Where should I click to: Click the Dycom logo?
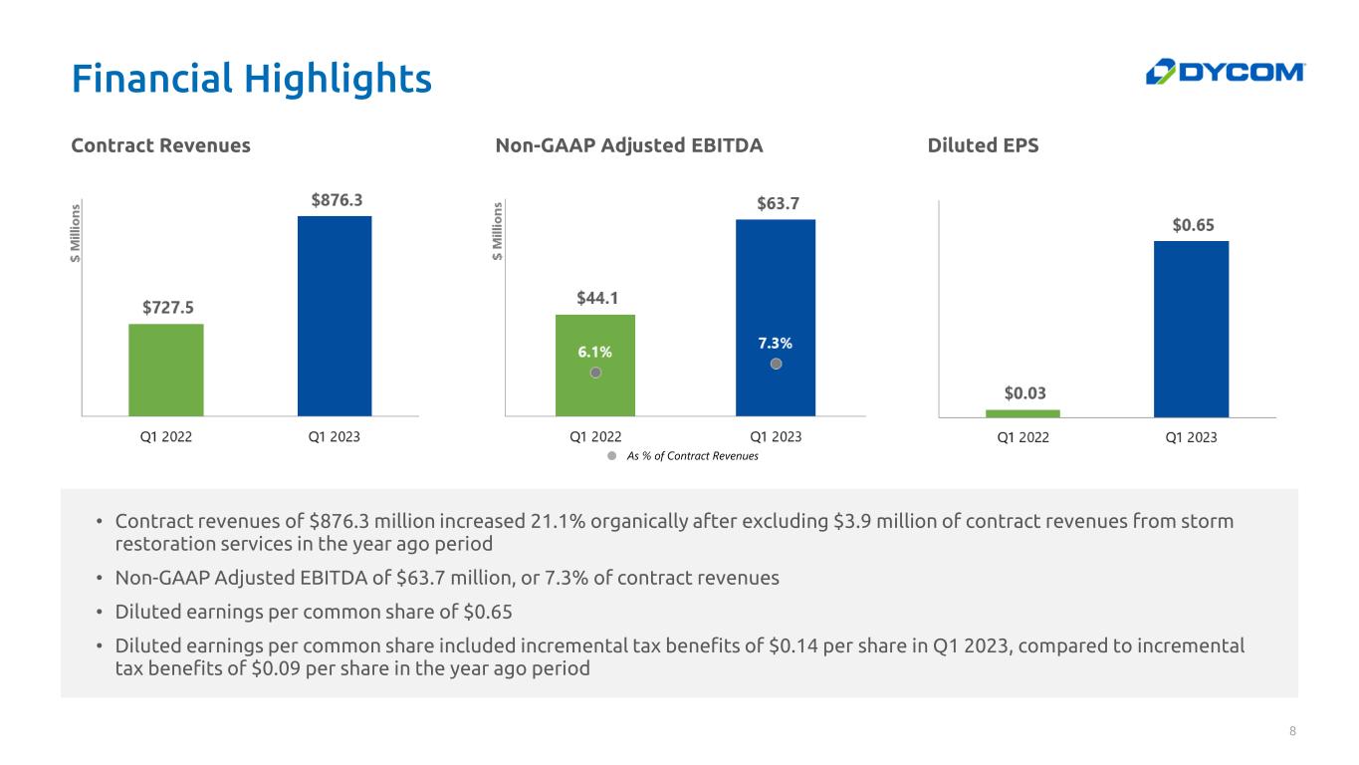(x=1225, y=72)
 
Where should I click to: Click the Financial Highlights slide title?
(x=251, y=78)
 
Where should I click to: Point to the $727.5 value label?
(x=165, y=307)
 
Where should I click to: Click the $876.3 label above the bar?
(x=335, y=199)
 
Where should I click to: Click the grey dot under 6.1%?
(x=594, y=373)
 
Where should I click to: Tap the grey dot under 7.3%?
(x=777, y=365)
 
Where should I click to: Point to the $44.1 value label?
(x=594, y=297)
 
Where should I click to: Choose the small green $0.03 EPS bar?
(x=1022, y=412)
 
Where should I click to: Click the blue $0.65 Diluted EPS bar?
(x=1191, y=329)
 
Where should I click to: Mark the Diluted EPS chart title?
(x=983, y=145)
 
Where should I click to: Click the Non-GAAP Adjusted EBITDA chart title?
(x=628, y=145)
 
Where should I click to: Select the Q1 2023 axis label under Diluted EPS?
(x=1191, y=437)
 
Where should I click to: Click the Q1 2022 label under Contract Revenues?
(x=165, y=436)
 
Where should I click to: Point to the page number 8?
(x=1292, y=732)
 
